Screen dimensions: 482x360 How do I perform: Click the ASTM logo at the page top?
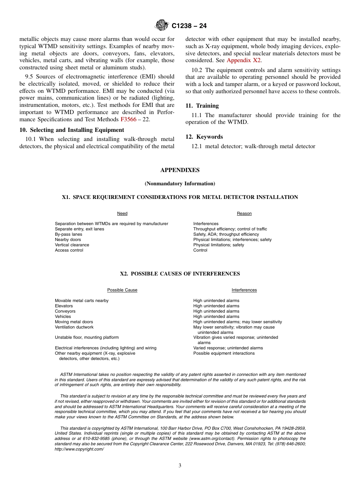click(x=162, y=26)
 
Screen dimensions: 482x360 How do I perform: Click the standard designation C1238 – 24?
click(x=189, y=26)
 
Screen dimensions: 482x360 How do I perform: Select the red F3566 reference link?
click(x=128, y=119)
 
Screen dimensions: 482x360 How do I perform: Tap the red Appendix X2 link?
click(x=244, y=60)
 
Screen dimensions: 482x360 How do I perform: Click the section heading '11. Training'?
click(x=202, y=106)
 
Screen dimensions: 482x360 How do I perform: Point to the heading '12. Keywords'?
click(x=204, y=137)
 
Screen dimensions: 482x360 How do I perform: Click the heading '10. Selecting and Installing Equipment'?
click(x=72, y=130)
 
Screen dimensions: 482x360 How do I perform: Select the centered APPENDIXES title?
click(x=180, y=170)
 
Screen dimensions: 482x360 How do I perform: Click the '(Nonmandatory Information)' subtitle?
click(x=180, y=184)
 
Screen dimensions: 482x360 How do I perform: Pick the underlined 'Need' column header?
click(x=122, y=214)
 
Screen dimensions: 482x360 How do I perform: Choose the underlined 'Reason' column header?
click(x=244, y=214)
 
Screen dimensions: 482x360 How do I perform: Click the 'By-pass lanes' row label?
click(x=68, y=234)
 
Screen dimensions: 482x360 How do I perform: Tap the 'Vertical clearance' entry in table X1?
click(x=72, y=245)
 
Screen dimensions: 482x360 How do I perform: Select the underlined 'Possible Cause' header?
click(x=122, y=290)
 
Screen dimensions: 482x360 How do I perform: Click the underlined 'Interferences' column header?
click(x=244, y=290)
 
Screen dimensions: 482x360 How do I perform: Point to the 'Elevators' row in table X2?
click(x=64, y=306)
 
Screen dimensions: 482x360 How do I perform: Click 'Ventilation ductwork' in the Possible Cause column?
click(x=74, y=327)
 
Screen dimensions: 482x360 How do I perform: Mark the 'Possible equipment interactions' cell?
click(x=224, y=353)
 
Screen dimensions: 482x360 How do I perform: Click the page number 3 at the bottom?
click(x=180, y=466)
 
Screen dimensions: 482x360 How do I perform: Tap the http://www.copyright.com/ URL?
click(x=79, y=449)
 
